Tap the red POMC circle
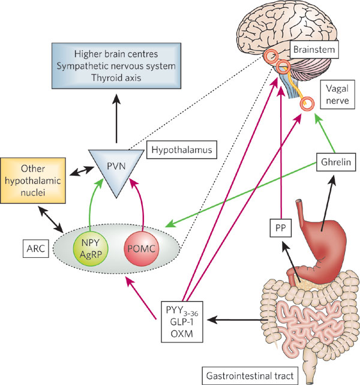(x=142, y=248)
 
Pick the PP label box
(x=280, y=228)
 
